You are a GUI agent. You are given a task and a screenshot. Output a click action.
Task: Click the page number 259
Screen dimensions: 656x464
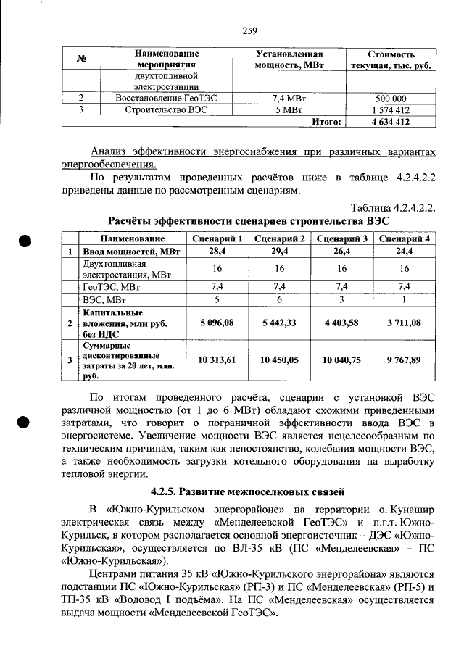tap(249, 30)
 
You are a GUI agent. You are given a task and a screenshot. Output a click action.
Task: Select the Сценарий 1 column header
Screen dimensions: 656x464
tap(217, 238)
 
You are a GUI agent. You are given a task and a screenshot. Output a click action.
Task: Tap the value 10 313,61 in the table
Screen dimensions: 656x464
tap(217, 360)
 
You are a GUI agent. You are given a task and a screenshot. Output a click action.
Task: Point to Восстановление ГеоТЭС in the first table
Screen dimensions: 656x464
tap(166, 99)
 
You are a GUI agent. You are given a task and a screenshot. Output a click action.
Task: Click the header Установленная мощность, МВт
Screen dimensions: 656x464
tap(289, 59)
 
